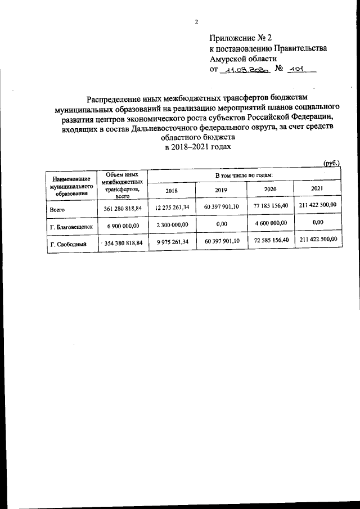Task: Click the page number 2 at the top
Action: [196, 22]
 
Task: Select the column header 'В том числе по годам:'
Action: [245, 176]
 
